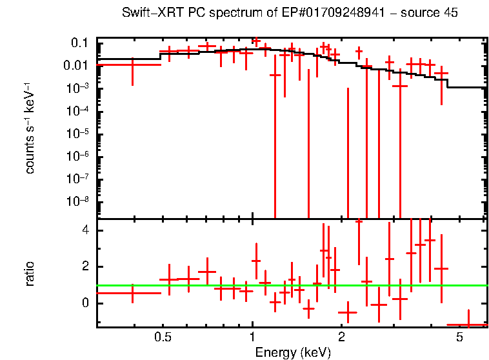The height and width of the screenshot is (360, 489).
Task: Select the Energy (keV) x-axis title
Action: [293, 352]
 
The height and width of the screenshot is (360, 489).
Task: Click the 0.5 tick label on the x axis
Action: [163, 337]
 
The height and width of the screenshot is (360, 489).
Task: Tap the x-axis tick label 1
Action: [252, 337]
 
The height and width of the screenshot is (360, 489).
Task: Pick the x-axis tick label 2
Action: [342, 337]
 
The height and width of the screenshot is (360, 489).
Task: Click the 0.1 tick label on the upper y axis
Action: [79, 43]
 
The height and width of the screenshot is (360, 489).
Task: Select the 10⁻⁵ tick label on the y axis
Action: [79, 133]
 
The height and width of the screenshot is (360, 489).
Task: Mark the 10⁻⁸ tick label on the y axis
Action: [79, 201]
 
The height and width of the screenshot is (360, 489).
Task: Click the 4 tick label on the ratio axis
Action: [85, 230]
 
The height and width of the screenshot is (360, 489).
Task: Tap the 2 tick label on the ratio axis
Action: [85, 266]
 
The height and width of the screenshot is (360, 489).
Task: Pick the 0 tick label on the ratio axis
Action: [85, 303]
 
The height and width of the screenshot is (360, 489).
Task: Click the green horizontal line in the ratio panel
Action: [387, 285]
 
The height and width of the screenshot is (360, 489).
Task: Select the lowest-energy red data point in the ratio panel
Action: [132, 293]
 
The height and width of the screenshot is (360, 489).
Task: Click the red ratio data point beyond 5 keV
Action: [468, 325]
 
